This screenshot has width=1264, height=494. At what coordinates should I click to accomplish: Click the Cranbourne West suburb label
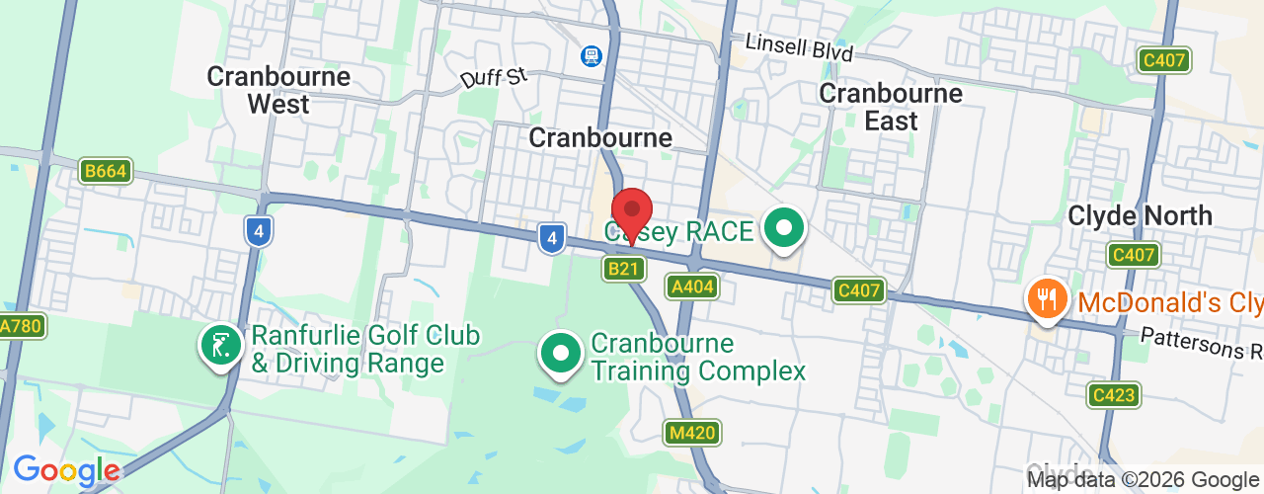(278, 90)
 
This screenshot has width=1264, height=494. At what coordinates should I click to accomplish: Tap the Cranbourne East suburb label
(891, 107)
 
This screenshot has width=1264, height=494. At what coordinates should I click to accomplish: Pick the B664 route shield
(105, 171)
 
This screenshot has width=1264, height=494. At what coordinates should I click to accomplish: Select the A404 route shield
(691, 287)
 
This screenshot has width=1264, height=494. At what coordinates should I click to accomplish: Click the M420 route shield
(692, 432)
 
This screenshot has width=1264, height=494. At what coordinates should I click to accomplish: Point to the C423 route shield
(1114, 395)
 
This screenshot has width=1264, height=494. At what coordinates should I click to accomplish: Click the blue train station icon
(592, 56)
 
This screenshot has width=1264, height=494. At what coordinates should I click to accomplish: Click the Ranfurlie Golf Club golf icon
(221, 345)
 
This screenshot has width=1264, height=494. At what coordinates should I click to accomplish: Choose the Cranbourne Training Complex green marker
(561, 352)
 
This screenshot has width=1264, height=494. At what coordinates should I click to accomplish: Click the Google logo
(65, 470)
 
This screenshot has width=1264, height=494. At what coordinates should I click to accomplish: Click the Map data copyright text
(1144, 480)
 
